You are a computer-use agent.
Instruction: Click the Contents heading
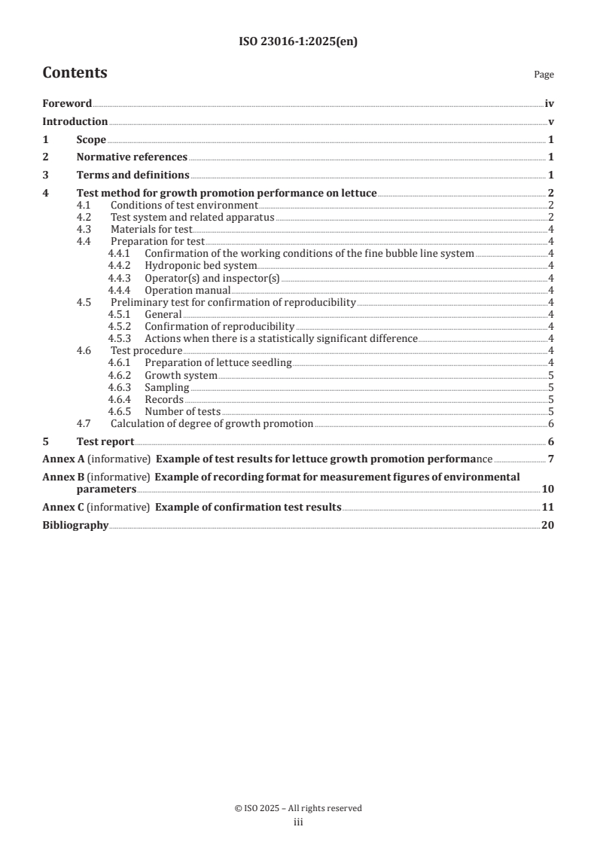pyautogui.click(x=75, y=73)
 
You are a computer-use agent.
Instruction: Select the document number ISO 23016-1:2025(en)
pyautogui.click(x=297, y=42)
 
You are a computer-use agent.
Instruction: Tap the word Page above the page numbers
pyautogui.click(x=544, y=75)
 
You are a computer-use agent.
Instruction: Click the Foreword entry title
pyautogui.click(x=67, y=104)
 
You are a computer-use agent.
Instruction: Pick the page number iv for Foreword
pyautogui.click(x=549, y=104)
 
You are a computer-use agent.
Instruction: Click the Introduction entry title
pyautogui.click(x=75, y=122)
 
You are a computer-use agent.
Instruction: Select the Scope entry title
pyautogui.click(x=91, y=139)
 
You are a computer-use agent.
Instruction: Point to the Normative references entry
pyautogui.click(x=132, y=157)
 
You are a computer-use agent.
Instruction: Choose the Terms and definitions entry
pyautogui.click(x=132, y=175)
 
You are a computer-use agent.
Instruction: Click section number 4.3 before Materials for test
pyautogui.click(x=85, y=229)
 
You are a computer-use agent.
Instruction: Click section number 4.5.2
pyautogui.click(x=120, y=327)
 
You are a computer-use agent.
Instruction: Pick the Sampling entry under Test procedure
pyautogui.click(x=167, y=387)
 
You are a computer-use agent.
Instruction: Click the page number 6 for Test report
pyautogui.click(x=551, y=441)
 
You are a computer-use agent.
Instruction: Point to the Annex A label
pyautogui.click(x=63, y=459)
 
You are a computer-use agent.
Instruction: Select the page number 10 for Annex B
pyautogui.click(x=548, y=489)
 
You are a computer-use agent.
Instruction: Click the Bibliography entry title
pyautogui.click(x=75, y=525)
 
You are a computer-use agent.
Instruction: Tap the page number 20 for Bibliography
pyautogui.click(x=548, y=525)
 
